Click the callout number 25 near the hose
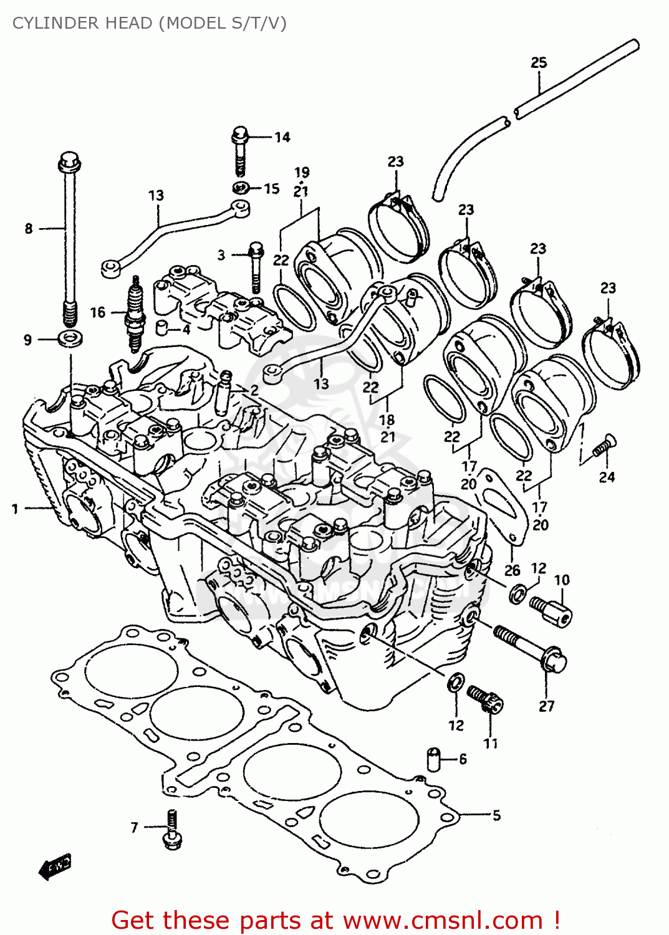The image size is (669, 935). [539, 62]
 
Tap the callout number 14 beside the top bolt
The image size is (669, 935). [282, 137]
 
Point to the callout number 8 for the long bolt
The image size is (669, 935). [28, 229]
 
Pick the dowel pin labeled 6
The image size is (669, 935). [433, 759]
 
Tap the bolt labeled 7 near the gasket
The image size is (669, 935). [171, 830]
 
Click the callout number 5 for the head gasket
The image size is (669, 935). [496, 815]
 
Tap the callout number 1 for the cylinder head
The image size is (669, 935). [15, 509]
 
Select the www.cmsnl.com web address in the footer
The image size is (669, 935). [443, 920]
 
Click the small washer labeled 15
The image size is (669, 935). [242, 188]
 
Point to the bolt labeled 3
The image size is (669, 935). [256, 268]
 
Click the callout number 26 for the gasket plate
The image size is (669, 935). [512, 570]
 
